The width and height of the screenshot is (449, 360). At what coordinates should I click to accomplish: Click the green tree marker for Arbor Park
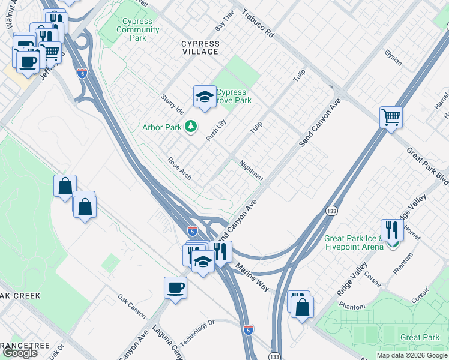coord(191,126)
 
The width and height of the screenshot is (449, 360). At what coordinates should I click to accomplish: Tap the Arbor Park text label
coord(162,127)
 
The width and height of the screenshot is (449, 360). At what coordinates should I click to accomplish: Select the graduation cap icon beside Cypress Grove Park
coord(204,96)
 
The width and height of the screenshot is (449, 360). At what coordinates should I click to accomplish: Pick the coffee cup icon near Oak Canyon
coord(175,287)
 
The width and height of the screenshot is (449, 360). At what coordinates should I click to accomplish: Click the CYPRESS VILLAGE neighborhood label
coord(200,48)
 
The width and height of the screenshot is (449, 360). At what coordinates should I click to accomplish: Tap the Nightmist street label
coord(251,170)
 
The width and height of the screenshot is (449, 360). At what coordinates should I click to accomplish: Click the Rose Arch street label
coord(179,169)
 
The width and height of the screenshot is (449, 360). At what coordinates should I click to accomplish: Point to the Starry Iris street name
coord(172,104)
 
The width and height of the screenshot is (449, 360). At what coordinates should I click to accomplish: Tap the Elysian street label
coord(393,61)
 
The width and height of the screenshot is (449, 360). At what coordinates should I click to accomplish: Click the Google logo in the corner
coord(20,353)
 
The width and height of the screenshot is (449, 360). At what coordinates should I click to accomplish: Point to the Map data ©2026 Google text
coord(411,355)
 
